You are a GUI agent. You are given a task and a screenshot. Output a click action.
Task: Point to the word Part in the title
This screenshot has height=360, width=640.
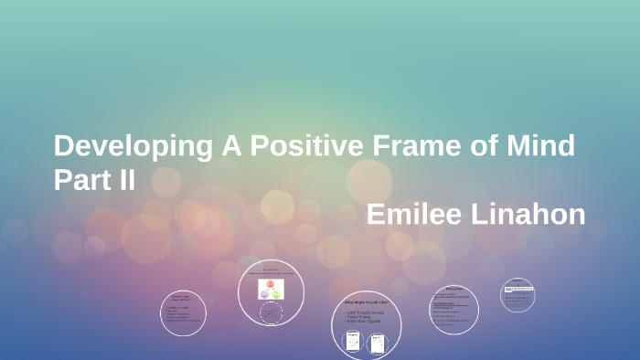(x=78, y=179)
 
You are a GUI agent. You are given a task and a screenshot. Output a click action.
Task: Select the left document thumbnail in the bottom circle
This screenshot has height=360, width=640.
(x=353, y=343)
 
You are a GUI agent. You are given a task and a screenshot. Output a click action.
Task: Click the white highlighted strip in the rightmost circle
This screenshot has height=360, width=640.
(x=517, y=290)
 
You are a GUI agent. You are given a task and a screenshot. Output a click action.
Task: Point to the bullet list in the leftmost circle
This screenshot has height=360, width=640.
(x=183, y=315)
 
